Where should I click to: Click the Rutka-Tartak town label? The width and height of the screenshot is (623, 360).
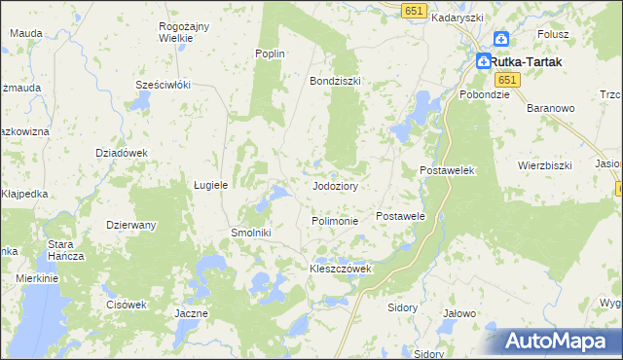[x=530, y=60]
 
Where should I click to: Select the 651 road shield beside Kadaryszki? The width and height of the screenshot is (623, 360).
[x=413, y=9]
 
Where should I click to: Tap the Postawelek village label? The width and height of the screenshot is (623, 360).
[x=446, y=170]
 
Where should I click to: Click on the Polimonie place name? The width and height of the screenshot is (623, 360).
[x=335, y=221]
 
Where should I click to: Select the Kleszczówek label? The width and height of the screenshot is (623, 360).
[x=341, y=269]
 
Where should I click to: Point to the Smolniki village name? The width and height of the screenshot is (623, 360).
[x=250, y=234]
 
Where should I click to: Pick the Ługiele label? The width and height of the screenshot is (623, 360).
[x=210, y=184]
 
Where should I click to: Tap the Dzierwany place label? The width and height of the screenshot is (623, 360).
[x=131, y=225]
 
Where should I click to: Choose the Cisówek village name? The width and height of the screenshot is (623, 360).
[x=127, y=304]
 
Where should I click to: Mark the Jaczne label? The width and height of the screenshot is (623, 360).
[x=191, y=313]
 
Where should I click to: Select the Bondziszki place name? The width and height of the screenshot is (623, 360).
[x=335, y=81]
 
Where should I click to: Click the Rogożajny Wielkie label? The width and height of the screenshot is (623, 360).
[x=176, y=33]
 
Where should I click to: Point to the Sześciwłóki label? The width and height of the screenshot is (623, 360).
[x=162, y=85]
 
